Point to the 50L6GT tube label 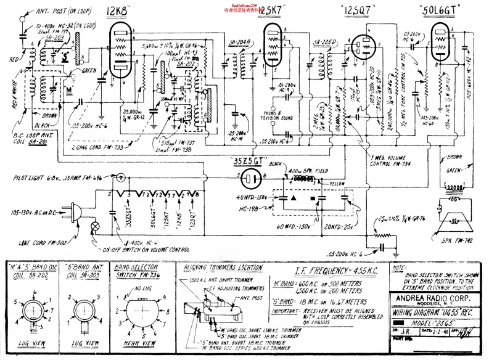[x=439, y=10]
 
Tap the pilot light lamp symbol [x=121, y=178]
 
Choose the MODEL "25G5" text [x=435, y=322]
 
